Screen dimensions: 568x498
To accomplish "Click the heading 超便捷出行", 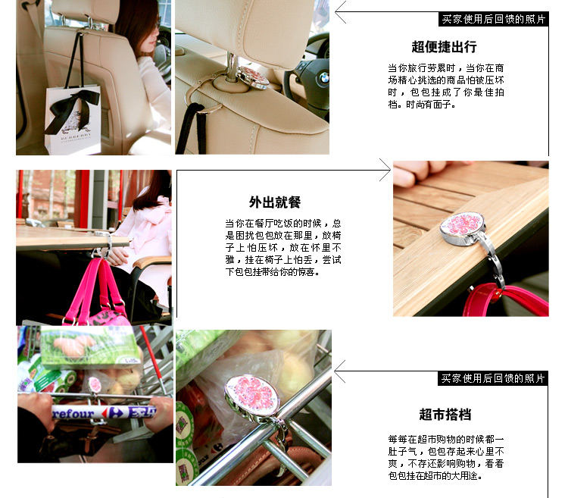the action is [444, 47].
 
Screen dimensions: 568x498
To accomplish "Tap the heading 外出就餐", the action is [275, 202].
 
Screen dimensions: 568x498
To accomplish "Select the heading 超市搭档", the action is [445, 415].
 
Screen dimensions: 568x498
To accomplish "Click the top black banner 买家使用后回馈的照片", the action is [493, 19].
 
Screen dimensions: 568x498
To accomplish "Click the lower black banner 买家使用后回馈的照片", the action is [493, 378].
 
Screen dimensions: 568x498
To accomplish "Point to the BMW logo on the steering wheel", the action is [323, 77].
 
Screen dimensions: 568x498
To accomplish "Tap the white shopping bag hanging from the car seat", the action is [73, 120].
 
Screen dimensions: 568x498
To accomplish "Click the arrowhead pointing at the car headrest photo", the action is [341, 12].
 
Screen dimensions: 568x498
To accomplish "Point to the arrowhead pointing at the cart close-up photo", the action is [339, 371].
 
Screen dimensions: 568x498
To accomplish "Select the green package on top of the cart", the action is [90, 346].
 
